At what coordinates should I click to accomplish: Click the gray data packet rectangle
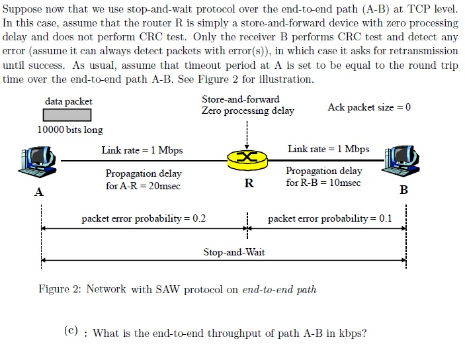69,115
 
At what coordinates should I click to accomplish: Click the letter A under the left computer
39,193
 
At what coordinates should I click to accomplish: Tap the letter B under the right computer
404,191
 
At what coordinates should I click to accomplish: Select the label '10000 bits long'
70,130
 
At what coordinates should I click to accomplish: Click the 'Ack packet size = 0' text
369,107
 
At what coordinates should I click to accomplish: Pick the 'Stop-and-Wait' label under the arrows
234,252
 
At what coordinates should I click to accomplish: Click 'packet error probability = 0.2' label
144,218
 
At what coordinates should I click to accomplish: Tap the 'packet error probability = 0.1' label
330,218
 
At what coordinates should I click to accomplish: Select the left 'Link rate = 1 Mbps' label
142,150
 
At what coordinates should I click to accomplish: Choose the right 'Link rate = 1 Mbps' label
329,149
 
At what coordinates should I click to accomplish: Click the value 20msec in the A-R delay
164,186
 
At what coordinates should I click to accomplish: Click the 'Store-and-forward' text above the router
241,99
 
